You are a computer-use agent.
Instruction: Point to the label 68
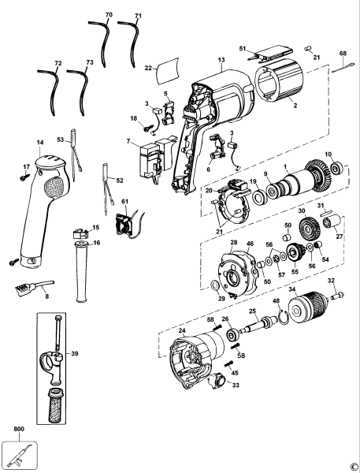pyautogui.click(x=343, y=54)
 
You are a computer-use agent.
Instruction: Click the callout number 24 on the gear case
pyautogui.click(x=182, y=330)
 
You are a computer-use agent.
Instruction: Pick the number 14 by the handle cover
pyautogui.click(x=39, y=142)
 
